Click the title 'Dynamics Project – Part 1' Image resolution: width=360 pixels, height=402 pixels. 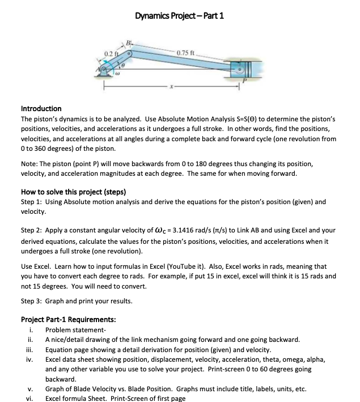179,15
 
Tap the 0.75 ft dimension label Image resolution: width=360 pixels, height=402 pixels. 186,54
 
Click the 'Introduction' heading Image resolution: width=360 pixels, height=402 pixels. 41,108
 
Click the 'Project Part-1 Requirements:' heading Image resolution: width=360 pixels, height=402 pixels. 69,319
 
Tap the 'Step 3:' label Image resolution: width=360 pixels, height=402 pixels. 33,302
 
